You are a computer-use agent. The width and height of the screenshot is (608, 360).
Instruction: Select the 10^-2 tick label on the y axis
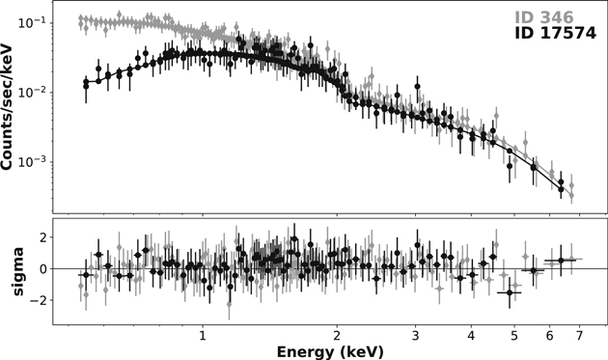coord(35,92)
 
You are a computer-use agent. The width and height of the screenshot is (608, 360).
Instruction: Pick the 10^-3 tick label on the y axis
coord(35,161)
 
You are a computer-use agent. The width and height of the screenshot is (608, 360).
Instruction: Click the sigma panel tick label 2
coord(44,236)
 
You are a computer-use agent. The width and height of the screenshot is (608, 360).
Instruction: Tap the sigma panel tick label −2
coord(41,300)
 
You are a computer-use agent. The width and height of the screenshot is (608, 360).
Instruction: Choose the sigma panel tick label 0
coord(44,268)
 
